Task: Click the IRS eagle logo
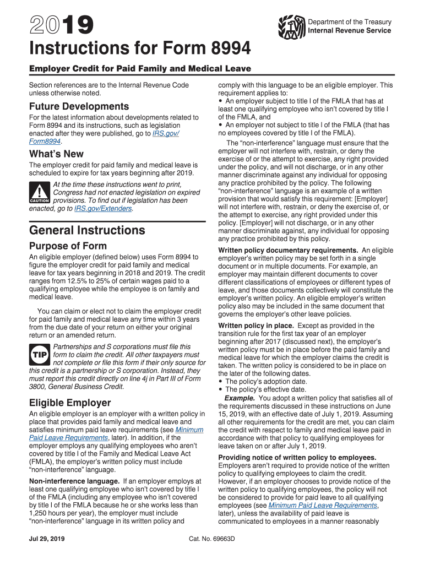(291, 26)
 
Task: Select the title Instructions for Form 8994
(140, 50)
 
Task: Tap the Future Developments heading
(79, 106)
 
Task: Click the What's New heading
(56, 154)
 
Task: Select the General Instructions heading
(87, 230)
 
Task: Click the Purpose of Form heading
(68, 246)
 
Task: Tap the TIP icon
(40, 355)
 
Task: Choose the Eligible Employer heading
(70, 402)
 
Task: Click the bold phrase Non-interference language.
(74, 481)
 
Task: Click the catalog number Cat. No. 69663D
(212, 538)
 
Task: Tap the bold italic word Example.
(240, 398)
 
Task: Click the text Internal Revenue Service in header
(350, 30)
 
